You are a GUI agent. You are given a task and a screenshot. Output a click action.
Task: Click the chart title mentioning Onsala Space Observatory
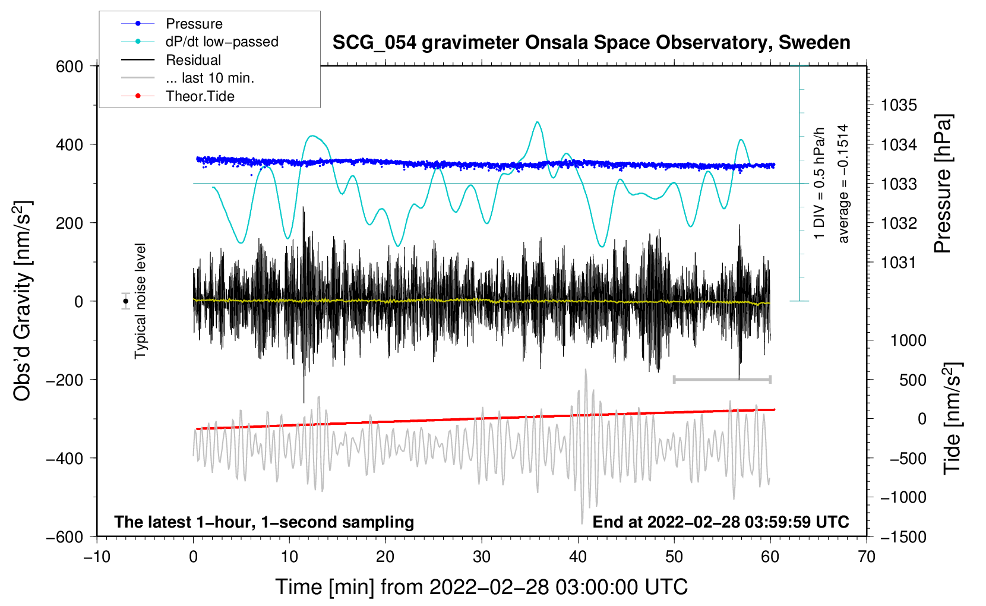[591, 43]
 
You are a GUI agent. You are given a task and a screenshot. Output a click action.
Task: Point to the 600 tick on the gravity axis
[69, 67]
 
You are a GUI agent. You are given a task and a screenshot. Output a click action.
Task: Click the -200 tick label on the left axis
[65, 380]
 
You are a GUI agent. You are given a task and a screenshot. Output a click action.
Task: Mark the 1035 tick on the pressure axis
[899, 105]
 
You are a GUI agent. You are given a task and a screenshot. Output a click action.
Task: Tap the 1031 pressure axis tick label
[899, 263]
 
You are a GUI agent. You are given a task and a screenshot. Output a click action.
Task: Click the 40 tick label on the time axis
[578, 557]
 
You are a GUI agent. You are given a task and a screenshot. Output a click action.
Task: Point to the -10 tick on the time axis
[97, 557]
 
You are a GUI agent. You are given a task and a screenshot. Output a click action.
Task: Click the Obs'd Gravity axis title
[22, 301]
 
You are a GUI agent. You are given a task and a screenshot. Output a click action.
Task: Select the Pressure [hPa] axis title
[943, 184]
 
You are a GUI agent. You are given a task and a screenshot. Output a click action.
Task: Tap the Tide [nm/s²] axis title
[952, 418]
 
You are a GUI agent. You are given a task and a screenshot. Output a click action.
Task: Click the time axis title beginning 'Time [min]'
[482, 587]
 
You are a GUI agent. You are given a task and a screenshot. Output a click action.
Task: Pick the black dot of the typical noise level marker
[126, 301]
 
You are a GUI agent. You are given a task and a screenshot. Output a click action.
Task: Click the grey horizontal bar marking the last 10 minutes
[722, 379]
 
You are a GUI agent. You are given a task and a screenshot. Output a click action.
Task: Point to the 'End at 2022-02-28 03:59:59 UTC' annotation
[720, 522]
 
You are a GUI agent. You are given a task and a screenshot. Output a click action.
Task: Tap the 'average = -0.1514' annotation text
[842, 184]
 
